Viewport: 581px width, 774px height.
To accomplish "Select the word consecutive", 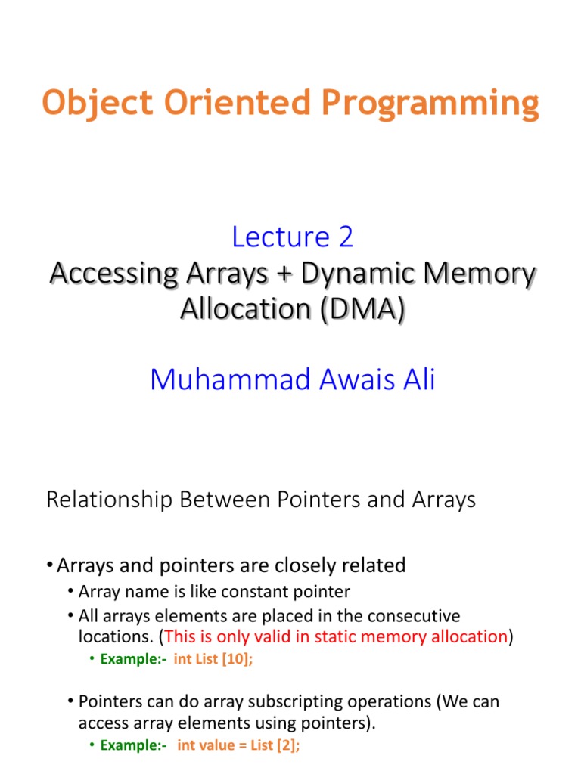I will [x=409, y=616].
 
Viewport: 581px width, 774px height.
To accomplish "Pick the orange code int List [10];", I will [x=213, y=658].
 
